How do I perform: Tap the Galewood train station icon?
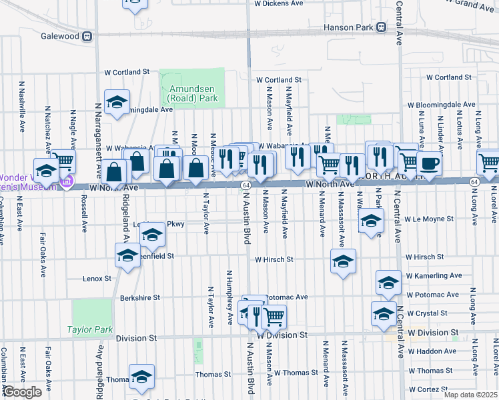pos(87,37)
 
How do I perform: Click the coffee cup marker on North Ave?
pos(429,163)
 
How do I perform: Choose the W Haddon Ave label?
pos(432,351)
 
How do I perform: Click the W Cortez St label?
pos(431,389)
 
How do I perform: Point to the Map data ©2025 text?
pos(470,395)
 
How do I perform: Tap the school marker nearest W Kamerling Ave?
pos(388,281)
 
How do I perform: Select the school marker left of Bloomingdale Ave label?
pos(117,102)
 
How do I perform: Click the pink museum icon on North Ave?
pos(66,182)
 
